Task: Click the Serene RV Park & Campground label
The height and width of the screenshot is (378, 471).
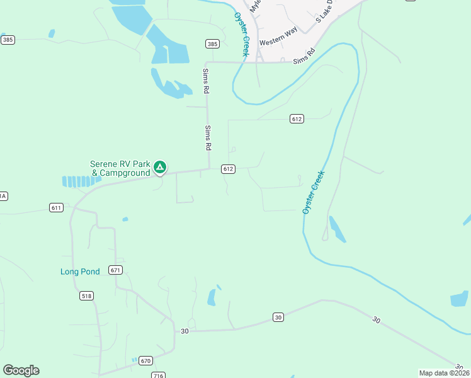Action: [x=120, y=168]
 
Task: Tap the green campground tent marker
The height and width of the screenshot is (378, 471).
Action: [x=160, y=167]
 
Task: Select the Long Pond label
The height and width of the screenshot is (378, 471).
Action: [x=80, y=272]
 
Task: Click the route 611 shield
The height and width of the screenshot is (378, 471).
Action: [x=56, y=207]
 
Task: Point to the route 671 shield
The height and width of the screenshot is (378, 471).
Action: [x=115, y=270]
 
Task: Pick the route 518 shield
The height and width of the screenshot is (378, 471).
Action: [x=87, y=295]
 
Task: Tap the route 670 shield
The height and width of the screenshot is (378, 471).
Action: [x=146, y=361]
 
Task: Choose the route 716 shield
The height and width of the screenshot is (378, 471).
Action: [x=158, y=375]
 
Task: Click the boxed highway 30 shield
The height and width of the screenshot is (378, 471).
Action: [x=278, y=317]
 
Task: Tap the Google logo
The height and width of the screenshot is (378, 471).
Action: [x=21, y=370]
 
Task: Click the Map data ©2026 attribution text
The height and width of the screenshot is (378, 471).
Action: [x=445, y=373]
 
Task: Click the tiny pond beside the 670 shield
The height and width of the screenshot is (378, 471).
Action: [x=134, y=360]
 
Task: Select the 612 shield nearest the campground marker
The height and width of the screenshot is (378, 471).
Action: [x=228, y=169]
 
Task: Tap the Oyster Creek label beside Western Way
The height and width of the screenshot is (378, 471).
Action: [x=242, y=35]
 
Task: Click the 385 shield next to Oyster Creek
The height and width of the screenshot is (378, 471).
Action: [x=212, y=43]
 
